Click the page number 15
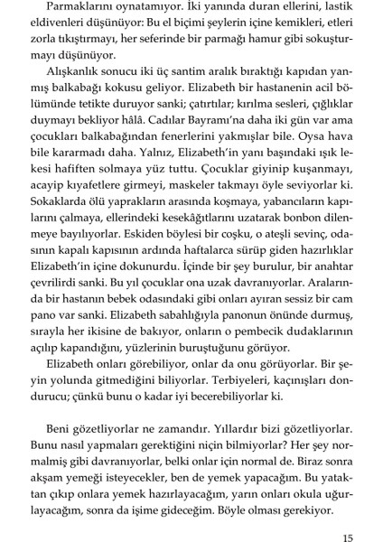point(349,515)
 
